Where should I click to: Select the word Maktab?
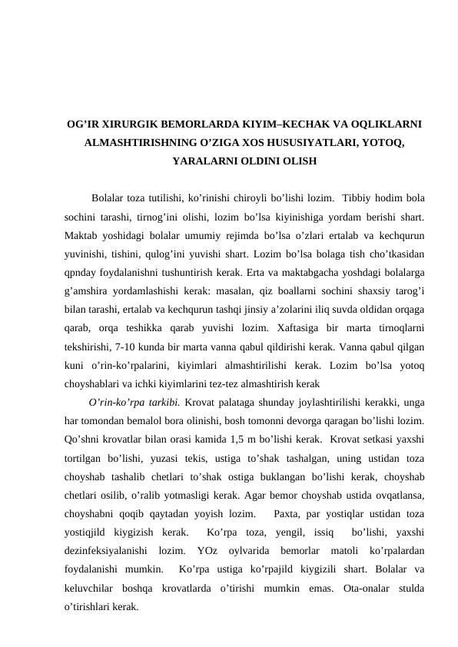83,236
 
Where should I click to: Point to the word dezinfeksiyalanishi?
104,550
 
